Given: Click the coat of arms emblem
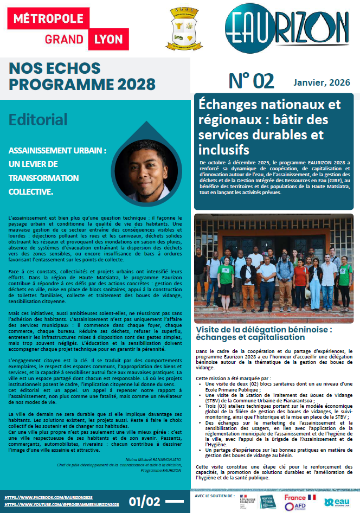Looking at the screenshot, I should [x=181, y=29].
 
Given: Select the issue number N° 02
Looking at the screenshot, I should [x=251, y=81].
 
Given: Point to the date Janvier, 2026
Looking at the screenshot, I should [x=322, y=82].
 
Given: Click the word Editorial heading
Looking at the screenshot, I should [x=38, y=119].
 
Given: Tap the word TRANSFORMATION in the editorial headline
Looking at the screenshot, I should [x=43, y=178].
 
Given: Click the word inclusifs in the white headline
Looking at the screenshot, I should [x=224, y=149].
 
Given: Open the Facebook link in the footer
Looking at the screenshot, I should [x=49, y=497].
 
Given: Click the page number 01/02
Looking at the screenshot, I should [x=145, y=500].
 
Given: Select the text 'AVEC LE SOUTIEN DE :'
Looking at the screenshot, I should [x=214, y=495].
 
